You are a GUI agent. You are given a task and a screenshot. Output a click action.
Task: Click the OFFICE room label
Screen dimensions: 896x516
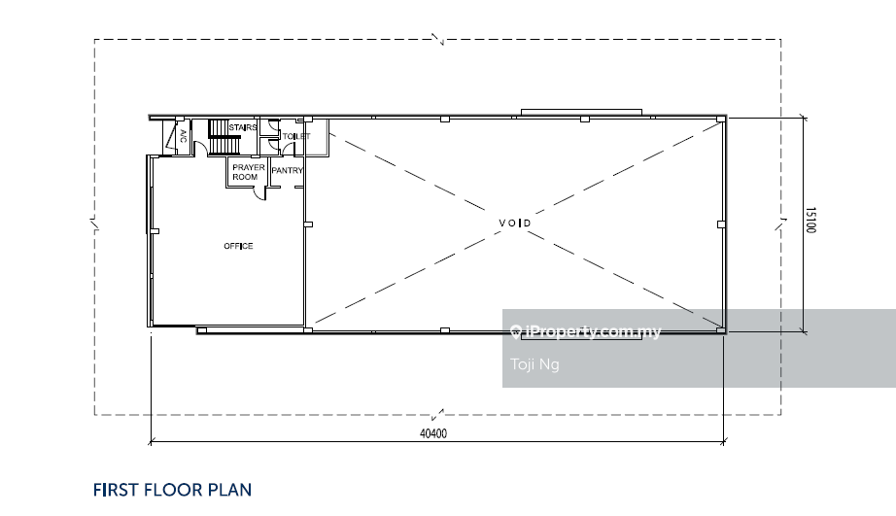(238, 246)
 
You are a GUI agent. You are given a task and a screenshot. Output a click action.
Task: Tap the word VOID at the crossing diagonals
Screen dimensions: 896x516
(515, 223)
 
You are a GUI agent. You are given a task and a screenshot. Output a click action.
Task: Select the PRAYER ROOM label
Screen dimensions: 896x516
(249, 172)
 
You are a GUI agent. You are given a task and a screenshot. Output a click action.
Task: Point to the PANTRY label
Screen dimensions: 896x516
(287, 170)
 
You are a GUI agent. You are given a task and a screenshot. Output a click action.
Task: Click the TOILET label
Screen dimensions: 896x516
(296, 136)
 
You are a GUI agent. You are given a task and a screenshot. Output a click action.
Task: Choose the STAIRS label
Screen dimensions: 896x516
(243, 127)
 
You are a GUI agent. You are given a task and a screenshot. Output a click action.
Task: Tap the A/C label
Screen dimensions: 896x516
(184, 136)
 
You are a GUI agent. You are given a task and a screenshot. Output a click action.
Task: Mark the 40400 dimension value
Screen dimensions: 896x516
(433, 433)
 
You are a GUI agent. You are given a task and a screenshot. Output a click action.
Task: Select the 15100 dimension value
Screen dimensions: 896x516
(810, 220)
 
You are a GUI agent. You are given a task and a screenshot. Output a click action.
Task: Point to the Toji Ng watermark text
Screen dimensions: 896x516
(534, 364)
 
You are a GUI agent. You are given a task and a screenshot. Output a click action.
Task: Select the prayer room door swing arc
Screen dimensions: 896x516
(260, 194)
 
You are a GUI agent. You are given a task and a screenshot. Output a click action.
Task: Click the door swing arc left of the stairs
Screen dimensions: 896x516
(201, 150)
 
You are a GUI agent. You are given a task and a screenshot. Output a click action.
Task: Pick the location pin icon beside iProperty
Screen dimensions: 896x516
(515, 331)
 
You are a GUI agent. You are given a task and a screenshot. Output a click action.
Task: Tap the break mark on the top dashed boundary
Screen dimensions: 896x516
(437, 40)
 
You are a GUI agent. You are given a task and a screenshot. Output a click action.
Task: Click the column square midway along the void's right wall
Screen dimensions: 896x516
(721, 224)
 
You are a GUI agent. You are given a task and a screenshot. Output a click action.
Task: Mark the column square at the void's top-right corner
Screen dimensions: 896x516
(720, 119)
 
